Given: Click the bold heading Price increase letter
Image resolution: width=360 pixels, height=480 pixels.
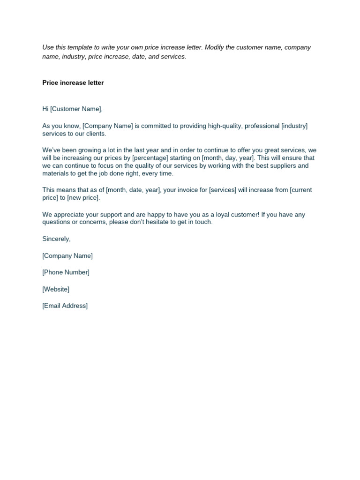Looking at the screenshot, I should tap(73, 83).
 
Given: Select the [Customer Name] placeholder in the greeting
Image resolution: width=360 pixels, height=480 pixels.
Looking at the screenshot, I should tap(75, 109).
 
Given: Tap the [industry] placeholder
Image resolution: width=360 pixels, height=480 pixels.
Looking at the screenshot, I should tap(294, 126).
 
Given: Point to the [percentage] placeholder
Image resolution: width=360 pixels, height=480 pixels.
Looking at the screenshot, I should tap(150, 158).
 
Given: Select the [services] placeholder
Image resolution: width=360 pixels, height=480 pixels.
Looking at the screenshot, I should tap(222, 190).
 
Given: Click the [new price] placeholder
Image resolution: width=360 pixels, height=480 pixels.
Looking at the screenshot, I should tap(83, 198).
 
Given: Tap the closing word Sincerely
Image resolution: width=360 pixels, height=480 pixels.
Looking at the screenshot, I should tap(56, 239).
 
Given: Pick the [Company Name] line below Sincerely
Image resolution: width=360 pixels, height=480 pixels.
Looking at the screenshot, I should tap(67, 256).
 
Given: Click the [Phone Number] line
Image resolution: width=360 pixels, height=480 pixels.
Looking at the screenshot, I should tap(66, 272).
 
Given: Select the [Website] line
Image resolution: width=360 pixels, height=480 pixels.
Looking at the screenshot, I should tap(56, 289).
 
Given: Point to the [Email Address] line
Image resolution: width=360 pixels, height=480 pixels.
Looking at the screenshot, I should tap(65, 306).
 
